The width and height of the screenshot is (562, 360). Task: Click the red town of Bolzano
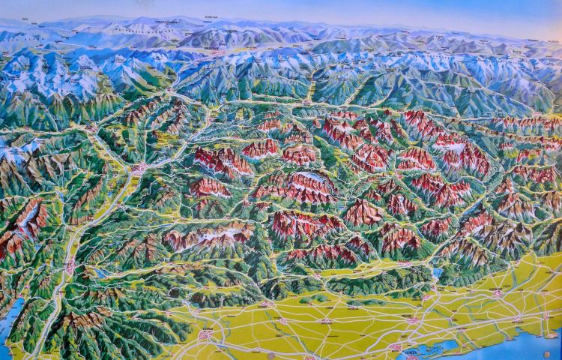137,169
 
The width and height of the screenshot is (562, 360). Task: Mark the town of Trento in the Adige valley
72,265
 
